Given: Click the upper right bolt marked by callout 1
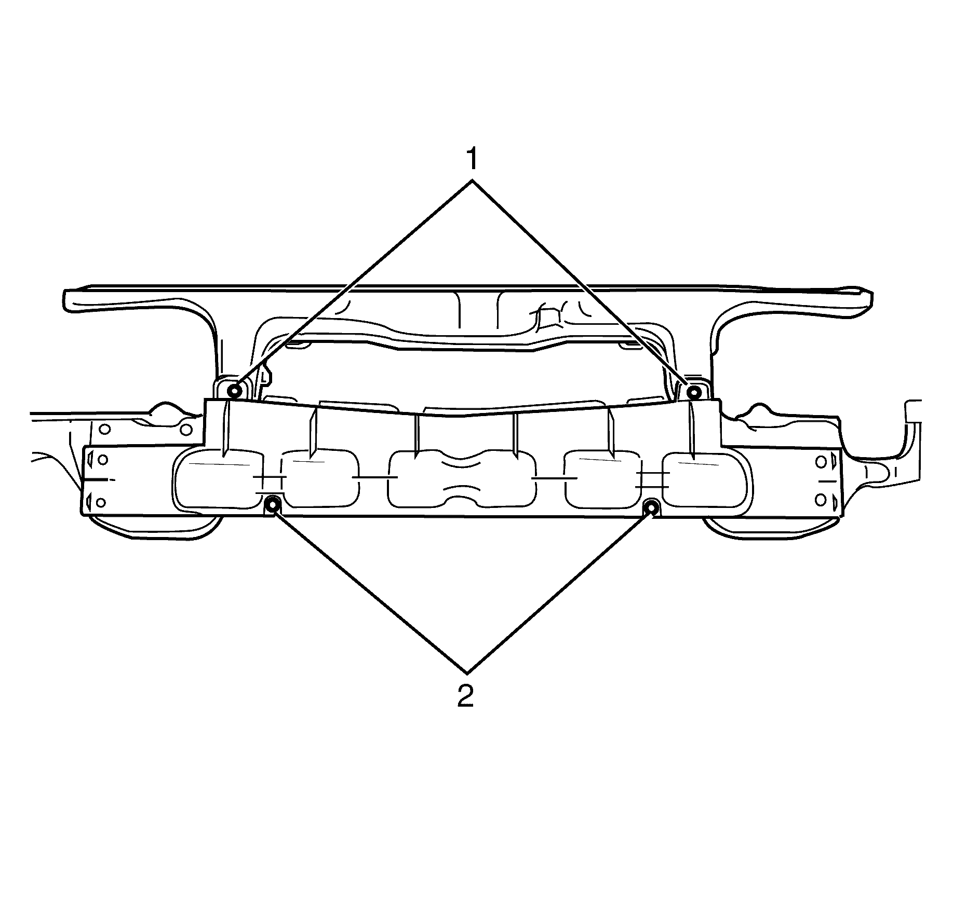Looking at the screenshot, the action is (693, 392).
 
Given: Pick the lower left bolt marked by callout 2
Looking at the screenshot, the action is (272, 503).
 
